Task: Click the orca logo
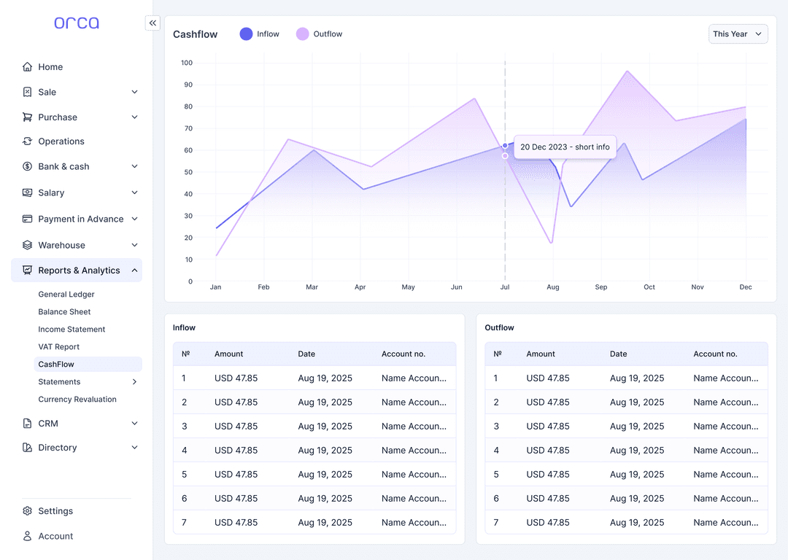[x=77, y=23]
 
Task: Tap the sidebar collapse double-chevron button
[x=152, y=23]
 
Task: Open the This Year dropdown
[x=738, y=34]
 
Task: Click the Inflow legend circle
[x=247, y=34]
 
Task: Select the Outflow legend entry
[x=319, y=34]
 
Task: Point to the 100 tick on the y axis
[x=187, y=63]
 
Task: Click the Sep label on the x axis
[x=600, y=287]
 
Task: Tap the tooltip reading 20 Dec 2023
[x=565, y=147]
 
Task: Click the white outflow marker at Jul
[x=505, y=156]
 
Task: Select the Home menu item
[x=50, y=67]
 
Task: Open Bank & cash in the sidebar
[x=63, y=166]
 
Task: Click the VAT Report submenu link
[x=59, y=347]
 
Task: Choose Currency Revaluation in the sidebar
[x=77, y=400]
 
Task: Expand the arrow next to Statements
[x=134, y=382]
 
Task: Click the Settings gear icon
[x=28, y=511]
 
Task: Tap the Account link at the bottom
[x=55, y=536]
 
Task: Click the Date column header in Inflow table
[x=306, y=354]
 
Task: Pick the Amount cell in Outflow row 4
[x=548, y=451]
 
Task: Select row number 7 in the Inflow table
[x=184, y=523]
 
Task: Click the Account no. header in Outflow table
[x=715, y=354]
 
